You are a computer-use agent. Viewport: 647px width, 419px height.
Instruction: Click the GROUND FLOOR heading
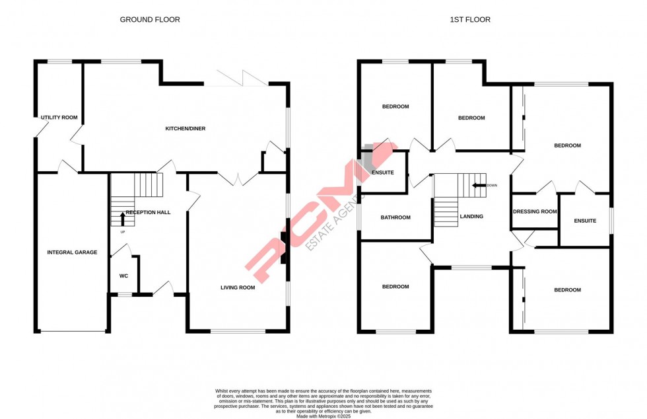[150, 19]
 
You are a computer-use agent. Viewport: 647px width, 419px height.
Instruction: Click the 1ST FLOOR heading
[470, 19]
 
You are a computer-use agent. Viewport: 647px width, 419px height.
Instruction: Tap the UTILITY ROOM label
[59, 118]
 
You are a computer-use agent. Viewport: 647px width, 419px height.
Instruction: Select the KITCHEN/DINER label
[186, 128]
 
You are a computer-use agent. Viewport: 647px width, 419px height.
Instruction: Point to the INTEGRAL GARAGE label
[72, 252]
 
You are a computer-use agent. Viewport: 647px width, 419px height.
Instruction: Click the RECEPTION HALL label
[148, 212]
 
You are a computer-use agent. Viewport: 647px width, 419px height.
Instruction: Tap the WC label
[124, 276]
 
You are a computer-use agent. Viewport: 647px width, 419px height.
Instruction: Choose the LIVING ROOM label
[238, 287]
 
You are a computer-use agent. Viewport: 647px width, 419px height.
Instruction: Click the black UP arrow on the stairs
[123, 219]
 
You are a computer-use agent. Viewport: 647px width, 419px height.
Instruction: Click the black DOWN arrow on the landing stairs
[479, 186]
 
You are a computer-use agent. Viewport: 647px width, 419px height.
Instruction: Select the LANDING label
[471, 217]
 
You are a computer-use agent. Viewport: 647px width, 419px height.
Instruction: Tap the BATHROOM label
[395, 217]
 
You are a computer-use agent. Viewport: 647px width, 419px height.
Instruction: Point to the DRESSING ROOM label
[535, 211]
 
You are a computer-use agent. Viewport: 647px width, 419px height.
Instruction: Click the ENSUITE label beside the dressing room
[585, 221]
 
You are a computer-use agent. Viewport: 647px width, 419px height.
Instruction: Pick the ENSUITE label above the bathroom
[382, 172]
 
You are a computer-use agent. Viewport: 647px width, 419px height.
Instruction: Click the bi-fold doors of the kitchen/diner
[236, 79]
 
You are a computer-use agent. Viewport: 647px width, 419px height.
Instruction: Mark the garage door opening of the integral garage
[73, 331]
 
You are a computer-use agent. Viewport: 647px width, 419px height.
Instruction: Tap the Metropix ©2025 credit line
[323, 416]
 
